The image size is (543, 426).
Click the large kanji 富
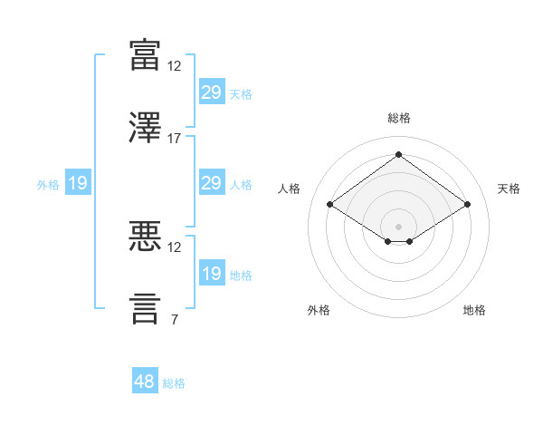point(145,54)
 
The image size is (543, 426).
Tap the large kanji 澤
point(145,127)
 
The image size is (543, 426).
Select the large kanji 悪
point(145,236)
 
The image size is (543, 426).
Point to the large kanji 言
point(145,308)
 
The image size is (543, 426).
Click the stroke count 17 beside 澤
point(174,139)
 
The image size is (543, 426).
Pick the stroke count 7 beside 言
point(175,319)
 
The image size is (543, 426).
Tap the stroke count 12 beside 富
point(174,66)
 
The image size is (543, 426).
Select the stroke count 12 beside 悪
point(174,247)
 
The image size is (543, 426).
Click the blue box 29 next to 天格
point(212,92)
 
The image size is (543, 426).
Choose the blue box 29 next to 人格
point(212,182)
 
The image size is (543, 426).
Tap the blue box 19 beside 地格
point(212,272)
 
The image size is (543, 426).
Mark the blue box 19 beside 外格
point(78,182)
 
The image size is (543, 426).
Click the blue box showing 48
point(145,380)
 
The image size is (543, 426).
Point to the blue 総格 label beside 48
point(174,383)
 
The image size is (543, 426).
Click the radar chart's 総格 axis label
point(399,118)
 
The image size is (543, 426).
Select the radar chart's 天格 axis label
point(509,189)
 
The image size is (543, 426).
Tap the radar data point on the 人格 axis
point(330,204)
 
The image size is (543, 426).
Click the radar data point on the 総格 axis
point(398,154)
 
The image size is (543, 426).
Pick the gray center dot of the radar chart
point(398,227)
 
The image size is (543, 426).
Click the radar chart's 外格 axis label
point(319,310)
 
